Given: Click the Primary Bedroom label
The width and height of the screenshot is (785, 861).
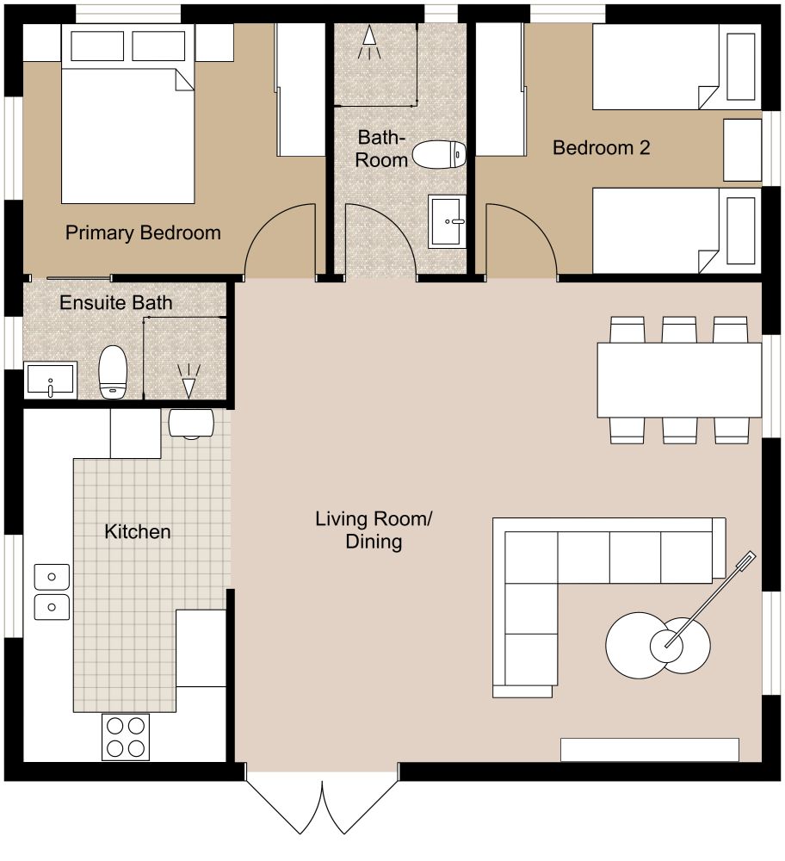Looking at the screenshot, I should coord(143,232).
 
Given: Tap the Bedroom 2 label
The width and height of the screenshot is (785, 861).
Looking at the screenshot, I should coord(601,147).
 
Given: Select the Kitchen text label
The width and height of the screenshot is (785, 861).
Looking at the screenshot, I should coord(138,531).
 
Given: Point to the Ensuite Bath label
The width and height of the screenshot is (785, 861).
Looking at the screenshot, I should coord(115,303).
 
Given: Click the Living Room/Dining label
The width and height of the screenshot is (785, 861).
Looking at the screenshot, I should coord(374,530).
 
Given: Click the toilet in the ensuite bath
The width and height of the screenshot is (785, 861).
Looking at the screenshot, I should coord(113,372).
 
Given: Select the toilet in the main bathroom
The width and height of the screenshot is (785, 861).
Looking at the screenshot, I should coord(439,154).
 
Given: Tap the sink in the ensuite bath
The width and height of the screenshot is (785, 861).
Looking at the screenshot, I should coord(50,380).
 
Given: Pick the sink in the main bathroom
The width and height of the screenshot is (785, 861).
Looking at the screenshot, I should coord(447,220).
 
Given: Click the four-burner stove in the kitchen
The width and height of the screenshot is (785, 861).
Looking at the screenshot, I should coord(126,737).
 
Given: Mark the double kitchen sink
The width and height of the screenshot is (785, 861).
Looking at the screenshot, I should coord(52,592).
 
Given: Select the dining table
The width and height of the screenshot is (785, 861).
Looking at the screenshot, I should coord(679,380).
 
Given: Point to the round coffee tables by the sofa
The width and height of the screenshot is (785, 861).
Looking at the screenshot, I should coord(658,642).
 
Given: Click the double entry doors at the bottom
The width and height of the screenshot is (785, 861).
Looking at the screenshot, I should coord(323,805).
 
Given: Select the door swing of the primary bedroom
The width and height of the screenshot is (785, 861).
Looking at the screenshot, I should coord(281,241).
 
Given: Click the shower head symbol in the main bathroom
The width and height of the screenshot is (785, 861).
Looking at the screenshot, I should coord(369,42).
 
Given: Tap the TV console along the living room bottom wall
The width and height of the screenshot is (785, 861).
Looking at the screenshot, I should coord(650,750).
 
